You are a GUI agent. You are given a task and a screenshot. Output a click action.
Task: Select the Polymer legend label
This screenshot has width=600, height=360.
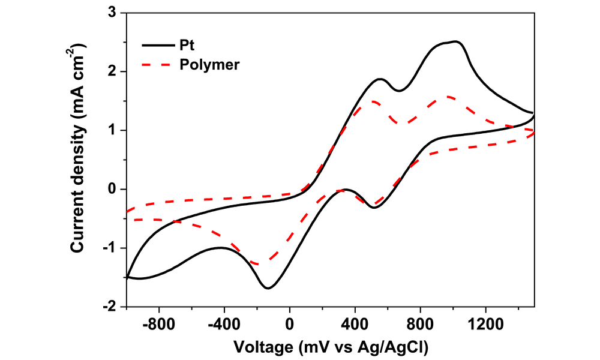point(210,64)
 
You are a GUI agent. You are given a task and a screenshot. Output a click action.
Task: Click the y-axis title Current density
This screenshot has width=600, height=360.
point(77,159)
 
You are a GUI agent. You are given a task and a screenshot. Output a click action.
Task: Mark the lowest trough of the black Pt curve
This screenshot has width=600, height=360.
point(268,288)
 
